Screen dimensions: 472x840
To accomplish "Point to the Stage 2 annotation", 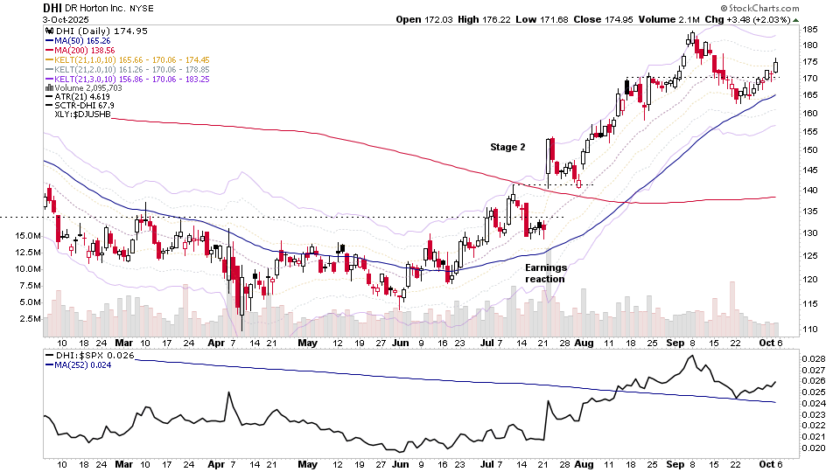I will pos(507,148).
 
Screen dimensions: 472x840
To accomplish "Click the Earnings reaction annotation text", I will pos(545,273).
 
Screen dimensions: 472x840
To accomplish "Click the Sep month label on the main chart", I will pos(673,344).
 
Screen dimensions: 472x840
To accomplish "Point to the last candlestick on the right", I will pos(775,66).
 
